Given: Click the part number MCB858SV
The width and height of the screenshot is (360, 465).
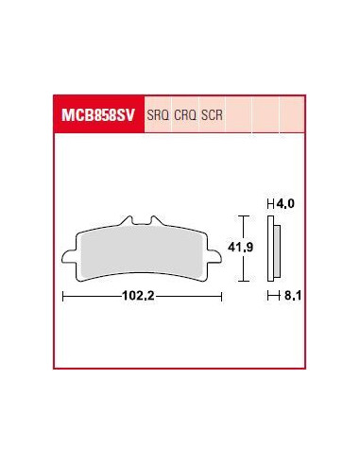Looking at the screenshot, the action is pyautogui.click(x=98, y=115).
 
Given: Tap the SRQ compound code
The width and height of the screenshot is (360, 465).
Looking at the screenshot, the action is pyautogui.click(x=158, y=115).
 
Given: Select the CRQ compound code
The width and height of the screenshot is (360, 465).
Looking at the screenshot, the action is pyautogui.click(x=185, y=115).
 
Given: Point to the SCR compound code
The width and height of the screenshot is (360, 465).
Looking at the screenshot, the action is pyautogui.click(x=212, y=115).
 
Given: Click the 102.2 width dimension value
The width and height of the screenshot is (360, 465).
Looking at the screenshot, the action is pyautogui.click(x=138, y=296).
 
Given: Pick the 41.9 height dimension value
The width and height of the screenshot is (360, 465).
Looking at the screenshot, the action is pyautogui.click(x=241, y=248).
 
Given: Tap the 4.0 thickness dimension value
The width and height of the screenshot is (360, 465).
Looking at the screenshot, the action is pyautogui.click(x=285, y=204).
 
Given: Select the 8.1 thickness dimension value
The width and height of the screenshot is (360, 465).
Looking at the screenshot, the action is pyautogui.click(x=293, y=296).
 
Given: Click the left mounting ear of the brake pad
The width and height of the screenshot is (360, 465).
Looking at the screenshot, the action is pyautogui.click(x=69, y=256).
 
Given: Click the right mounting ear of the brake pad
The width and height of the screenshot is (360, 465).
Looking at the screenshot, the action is pyautogui.click(x=214, y=256).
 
